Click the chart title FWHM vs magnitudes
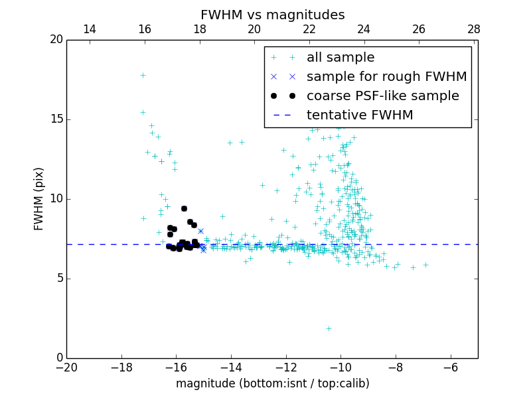point(272,15)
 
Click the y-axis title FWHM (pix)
point(39,198)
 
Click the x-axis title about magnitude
point(272,383)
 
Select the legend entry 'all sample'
point(341,58)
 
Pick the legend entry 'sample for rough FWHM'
point(386,76)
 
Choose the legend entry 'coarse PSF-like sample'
point(382,96)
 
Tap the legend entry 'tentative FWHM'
point(359,115)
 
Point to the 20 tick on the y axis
point(56,40)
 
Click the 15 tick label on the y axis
point(56,119)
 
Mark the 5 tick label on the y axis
point(59,279)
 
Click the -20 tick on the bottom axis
point(66,367)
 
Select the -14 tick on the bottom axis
point(231,367)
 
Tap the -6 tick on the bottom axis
point(451,367)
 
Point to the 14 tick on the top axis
point(90,29)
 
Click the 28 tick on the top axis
point(474,29)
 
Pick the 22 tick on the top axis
point(309,29)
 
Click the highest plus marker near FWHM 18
point(143,75)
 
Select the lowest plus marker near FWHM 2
point(329,328)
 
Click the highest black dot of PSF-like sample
point(184,208)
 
